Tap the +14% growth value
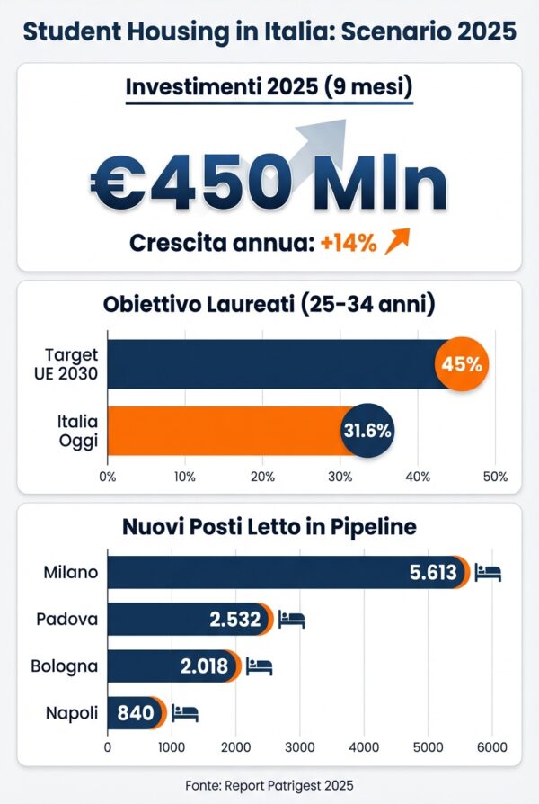tap(349, 243)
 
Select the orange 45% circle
tap(462, 365)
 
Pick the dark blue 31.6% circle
tap(367, 430)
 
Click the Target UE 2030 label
tap(72, 365)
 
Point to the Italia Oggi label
tap(77, 430)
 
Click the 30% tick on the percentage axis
tap(340, 477)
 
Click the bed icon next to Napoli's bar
tap(185, 714)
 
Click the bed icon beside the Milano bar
tap(488, 573)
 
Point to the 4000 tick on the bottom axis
tap(364, 746)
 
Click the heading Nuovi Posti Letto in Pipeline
tap(269, 527)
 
